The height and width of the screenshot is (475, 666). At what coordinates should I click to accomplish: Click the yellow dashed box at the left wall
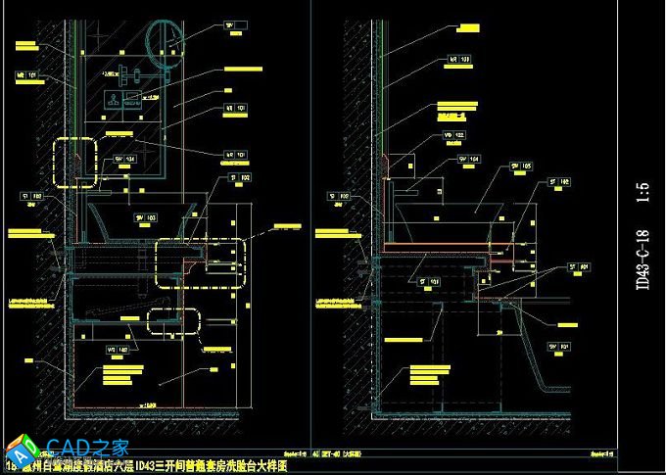click(76, 161)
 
